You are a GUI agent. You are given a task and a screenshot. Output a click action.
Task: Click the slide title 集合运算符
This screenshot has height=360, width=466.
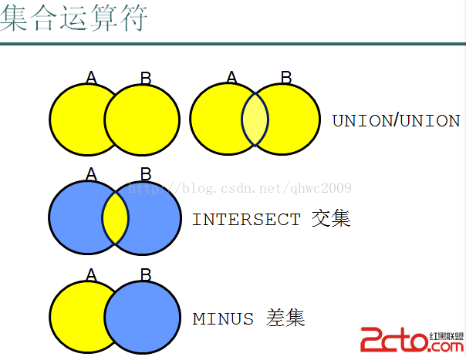74,18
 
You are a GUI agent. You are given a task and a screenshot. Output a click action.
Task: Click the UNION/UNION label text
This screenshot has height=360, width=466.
396,120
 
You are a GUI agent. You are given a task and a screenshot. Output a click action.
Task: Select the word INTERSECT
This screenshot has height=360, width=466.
246,220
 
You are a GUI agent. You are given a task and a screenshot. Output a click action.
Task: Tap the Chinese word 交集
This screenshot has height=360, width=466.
331,218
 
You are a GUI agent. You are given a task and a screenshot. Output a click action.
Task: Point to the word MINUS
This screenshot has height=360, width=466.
223,318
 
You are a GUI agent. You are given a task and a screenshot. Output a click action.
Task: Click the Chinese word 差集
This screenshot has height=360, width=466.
285,318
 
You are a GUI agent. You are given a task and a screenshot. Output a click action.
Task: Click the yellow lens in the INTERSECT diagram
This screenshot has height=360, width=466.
115,217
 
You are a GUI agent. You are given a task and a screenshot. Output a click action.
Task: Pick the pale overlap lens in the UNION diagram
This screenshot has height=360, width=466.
255,119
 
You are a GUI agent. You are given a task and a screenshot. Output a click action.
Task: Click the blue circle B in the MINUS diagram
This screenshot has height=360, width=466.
143,318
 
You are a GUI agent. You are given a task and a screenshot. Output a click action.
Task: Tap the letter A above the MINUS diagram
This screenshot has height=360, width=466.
91,274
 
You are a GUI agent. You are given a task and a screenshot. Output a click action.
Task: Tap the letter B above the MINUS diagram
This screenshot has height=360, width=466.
146,274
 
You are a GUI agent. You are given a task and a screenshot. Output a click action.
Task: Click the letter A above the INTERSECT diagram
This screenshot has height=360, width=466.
91,173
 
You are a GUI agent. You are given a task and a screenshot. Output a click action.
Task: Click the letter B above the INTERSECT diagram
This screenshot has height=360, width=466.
146,174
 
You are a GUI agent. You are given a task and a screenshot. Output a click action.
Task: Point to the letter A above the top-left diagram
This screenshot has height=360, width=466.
91,78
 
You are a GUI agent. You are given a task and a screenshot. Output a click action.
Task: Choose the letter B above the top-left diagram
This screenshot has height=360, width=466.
146,79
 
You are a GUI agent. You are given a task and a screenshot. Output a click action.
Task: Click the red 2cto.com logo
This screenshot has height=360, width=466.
412,339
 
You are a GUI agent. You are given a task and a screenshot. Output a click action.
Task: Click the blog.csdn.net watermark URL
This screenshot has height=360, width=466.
240,188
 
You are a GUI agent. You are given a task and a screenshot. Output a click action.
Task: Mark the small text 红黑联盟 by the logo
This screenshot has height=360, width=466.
447,336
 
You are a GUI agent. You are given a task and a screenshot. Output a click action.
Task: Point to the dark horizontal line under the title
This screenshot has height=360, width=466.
233,44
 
